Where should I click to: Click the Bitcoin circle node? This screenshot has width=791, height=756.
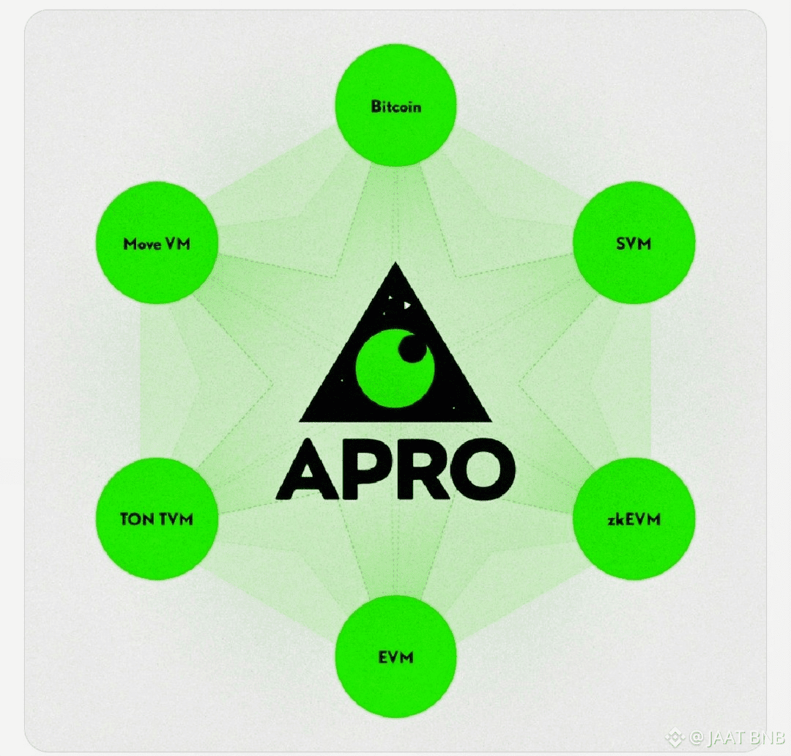coord(395,106)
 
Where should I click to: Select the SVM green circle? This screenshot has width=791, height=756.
coord(634,243)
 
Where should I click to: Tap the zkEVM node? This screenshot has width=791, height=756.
coord(634,519)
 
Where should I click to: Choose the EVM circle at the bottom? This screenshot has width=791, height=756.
coord(395,656)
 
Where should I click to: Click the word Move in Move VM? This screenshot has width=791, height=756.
coord(141,244)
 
